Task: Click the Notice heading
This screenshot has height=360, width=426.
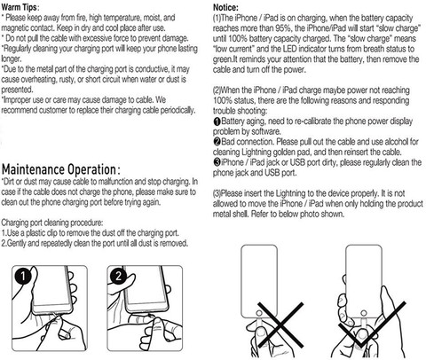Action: pyautogui.click(x=225, y=7)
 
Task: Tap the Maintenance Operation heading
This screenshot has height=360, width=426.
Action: pyautogui.click(x=61, y=169)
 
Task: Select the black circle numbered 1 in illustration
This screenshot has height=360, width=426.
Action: pyautogui.click(x=23, y=276)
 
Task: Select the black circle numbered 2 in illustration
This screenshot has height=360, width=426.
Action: pyautogui.click(x=118, y=276)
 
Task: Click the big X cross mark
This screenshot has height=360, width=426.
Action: pyautogui.click(x=280, y=325)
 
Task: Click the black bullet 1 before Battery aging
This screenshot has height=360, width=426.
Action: pyautogui.click(x=217, y=121)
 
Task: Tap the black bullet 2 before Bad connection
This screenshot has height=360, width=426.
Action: pyautogui.click(x=217, y=142)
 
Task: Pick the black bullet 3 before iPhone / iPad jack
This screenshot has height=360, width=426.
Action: pyautogui.click(x=217, y=162)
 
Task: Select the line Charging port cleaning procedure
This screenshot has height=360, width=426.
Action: pyautogui.click(x=52, y=223)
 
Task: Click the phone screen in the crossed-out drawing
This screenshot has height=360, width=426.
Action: pyautogui.click(x=259, y=281)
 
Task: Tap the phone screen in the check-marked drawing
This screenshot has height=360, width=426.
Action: pyautogui.click(x=364, y=281)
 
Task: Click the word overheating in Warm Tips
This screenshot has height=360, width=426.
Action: pyautogui.click(x=49, y=80)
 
